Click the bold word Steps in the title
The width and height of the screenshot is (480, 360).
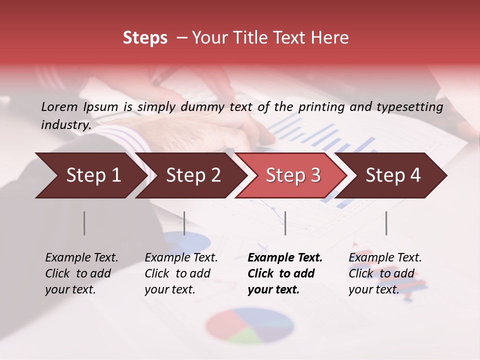coord(145,38)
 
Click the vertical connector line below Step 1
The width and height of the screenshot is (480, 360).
coord(84,223)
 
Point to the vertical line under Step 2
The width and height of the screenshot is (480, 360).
coord(184,223)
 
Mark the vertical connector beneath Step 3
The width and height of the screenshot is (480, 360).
coord(285,223)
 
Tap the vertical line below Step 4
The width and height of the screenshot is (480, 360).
coord(386,223)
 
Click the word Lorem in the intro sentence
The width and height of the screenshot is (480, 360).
coord(59,107)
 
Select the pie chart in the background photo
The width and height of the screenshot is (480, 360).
coord(250,325)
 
